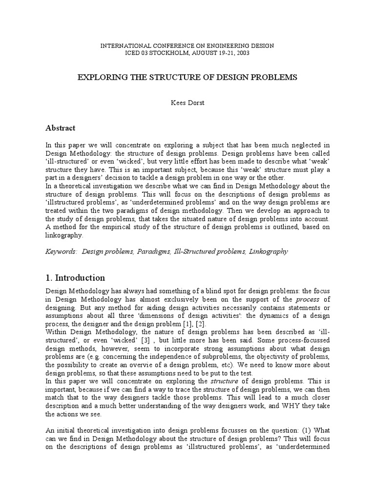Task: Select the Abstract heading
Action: (61, 128)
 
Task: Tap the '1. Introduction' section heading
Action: (75, 278)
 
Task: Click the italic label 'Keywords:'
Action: (62, 251)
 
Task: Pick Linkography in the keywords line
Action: (269, 251)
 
